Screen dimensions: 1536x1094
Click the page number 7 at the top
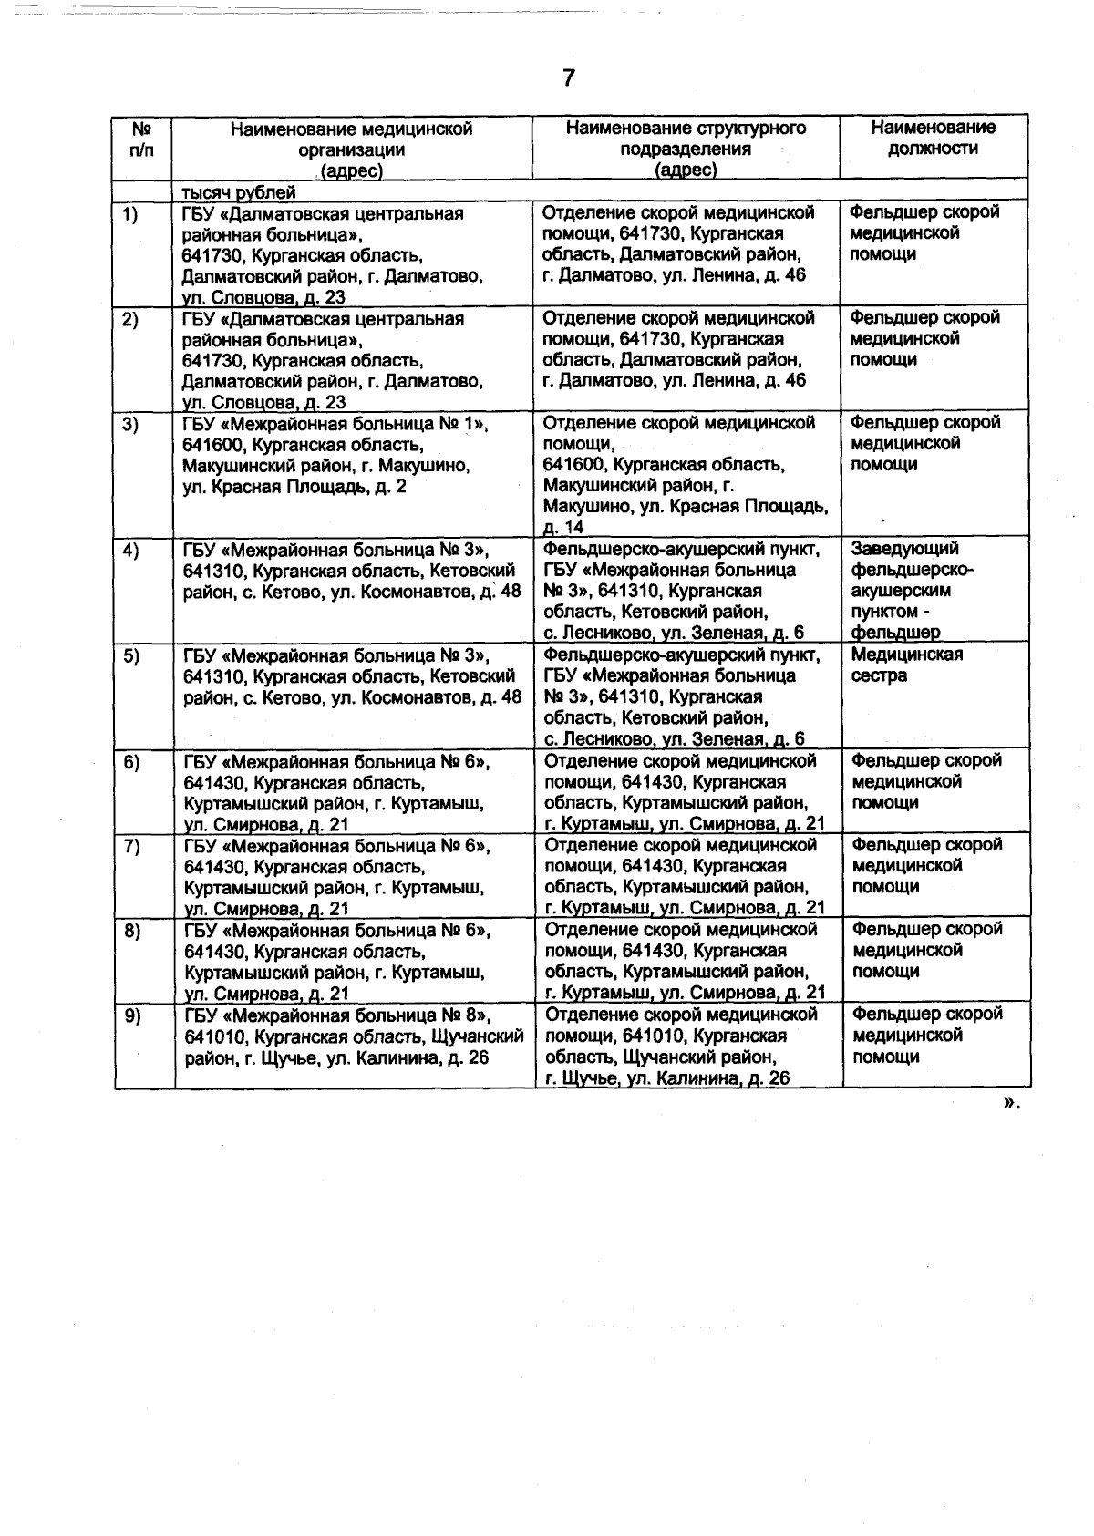[x=568, y=79]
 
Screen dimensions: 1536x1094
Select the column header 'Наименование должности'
[x=933, y=138]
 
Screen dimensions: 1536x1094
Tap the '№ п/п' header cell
[x=141, y=138]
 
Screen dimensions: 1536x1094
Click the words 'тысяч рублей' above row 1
[x=239, y=192]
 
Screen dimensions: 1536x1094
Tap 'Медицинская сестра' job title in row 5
[x=906, y=665]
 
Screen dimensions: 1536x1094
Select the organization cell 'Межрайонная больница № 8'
[x=353, y=1036]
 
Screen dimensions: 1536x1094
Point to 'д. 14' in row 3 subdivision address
[x=563, y=527]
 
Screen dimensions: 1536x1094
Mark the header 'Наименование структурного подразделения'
[x=686, y=149]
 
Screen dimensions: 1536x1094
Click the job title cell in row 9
[x=925, y=1036]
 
